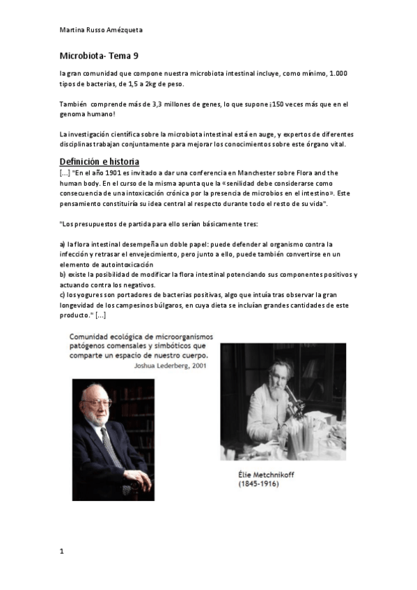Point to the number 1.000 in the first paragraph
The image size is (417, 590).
pyautogui.click(x=337, y=73)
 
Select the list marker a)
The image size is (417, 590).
pyautogui.click(x=63, y=244)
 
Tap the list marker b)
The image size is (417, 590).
pyautogui.click(x=63, y=275)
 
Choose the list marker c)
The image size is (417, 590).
pyautogui.click(x=63, y=295)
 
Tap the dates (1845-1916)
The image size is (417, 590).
pyautogui.click(x=258, y=484)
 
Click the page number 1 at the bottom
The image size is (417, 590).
pyautogui.click(x=61, y=552)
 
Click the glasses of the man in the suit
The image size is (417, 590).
pyautogui.click(x=97, y=403)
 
